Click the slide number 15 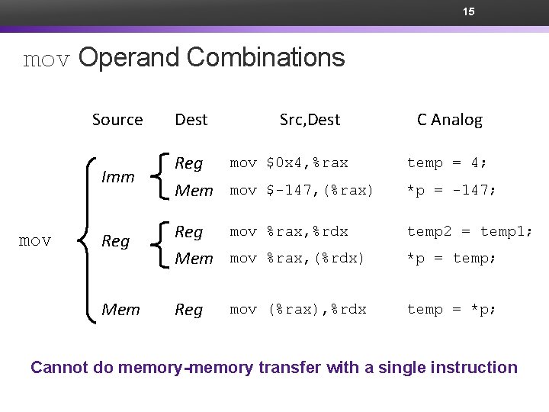click(469, 12)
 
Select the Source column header click(117, 120)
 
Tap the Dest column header click(191, 120)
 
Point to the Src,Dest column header click(310, 120)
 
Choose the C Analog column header click(449, 120)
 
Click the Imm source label click(118, 177)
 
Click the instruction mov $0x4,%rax click(289, 163)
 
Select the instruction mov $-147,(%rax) click(302, 190)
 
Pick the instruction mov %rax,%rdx click(289, 231)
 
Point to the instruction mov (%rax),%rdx click(298, 309)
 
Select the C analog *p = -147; click(451, 190)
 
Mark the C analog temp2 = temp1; click(470, 231)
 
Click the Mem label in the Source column click(120, 310)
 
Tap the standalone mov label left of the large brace click(35, 241)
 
